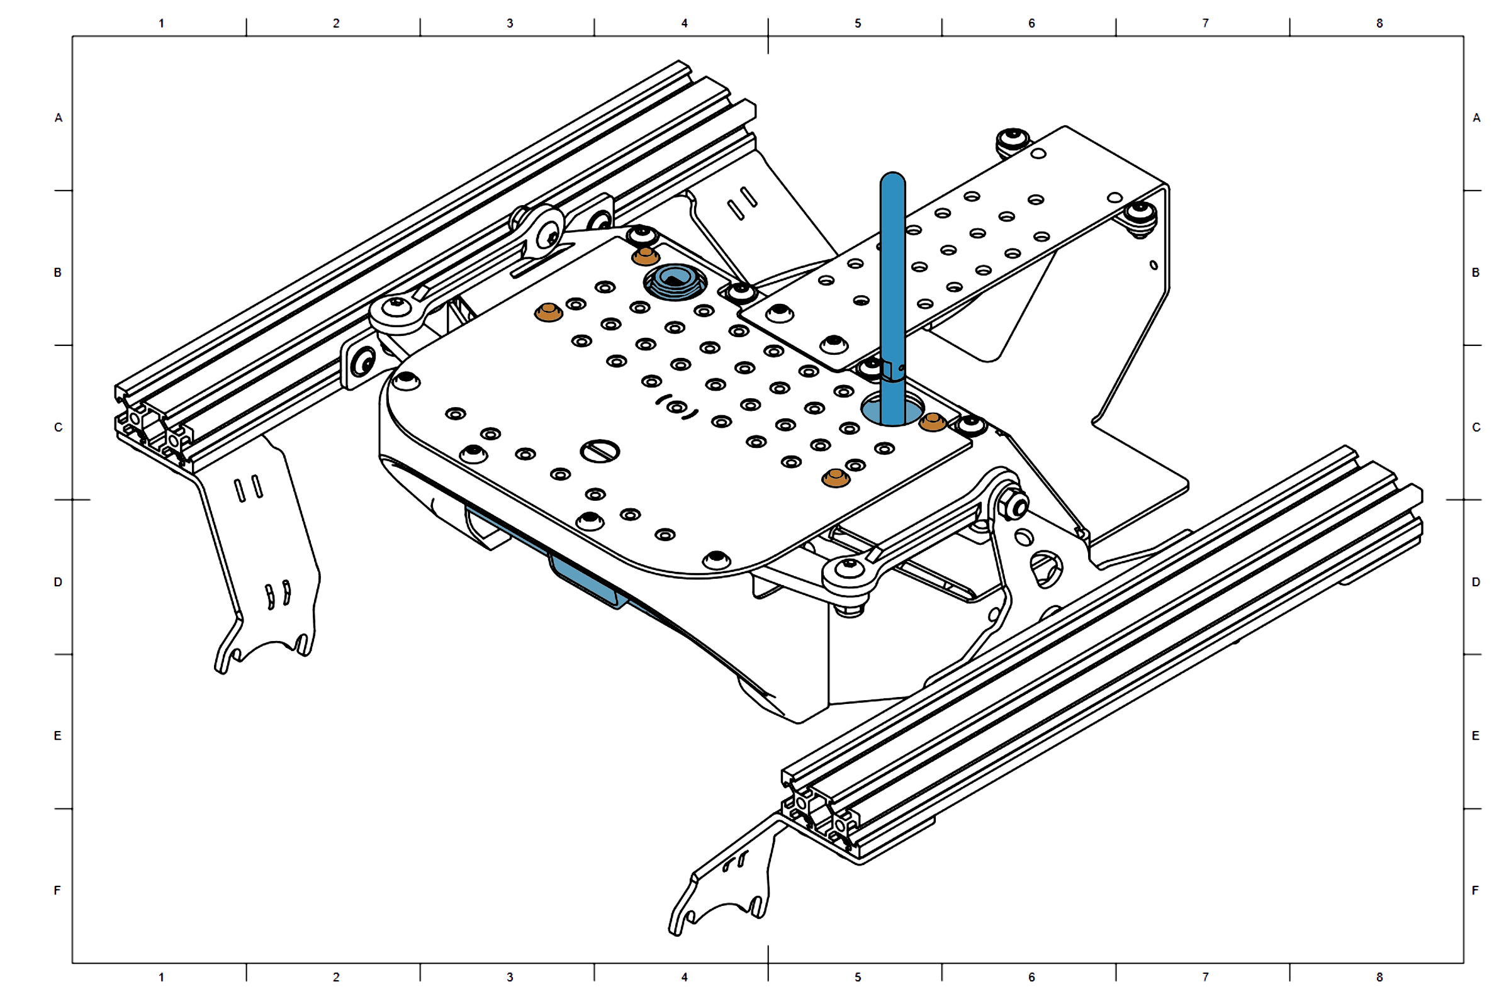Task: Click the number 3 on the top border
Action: [510, 23]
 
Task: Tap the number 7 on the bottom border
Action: [1205, 977]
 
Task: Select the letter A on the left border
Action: [59, 118]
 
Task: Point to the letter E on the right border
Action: [1476, 736]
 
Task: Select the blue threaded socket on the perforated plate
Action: [674, 281]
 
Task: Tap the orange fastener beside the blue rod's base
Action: [933, 421]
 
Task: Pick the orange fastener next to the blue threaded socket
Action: [645, 256]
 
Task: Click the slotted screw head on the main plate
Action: [600, 451]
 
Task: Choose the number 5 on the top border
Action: [858, 23]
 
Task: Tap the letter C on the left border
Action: [59, 427]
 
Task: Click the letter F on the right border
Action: [1476, 890]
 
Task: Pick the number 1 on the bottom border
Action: [161, 977]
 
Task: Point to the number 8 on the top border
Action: [1379, 23]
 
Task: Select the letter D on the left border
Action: [59, 582]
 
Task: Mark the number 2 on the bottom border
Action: [336, 977]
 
